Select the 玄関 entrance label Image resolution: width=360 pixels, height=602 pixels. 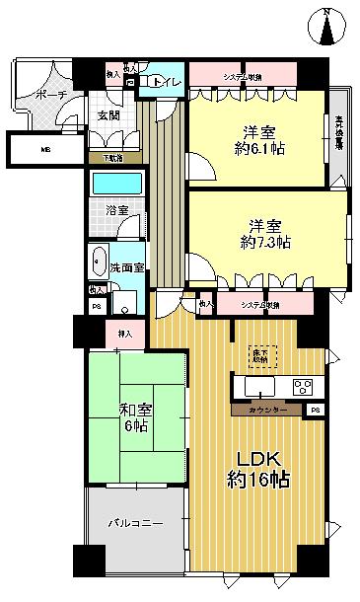pos(108,115)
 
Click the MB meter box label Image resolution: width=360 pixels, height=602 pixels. pos(42,150)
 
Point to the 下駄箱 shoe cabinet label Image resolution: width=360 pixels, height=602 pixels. pos(113,157)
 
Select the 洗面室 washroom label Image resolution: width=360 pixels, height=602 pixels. pos(127,266)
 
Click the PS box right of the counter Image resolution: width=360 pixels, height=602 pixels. pos(314,409)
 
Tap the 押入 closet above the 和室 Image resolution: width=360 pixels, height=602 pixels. pos(123,334)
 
